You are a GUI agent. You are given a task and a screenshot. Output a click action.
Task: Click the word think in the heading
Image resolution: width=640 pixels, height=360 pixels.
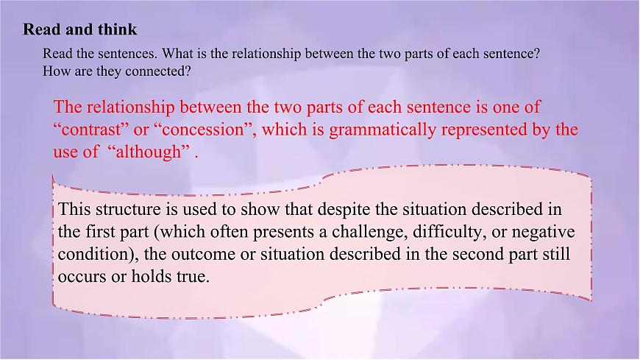coord(118,30)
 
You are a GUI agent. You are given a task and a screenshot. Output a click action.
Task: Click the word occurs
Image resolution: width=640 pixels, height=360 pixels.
coord(79,278)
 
